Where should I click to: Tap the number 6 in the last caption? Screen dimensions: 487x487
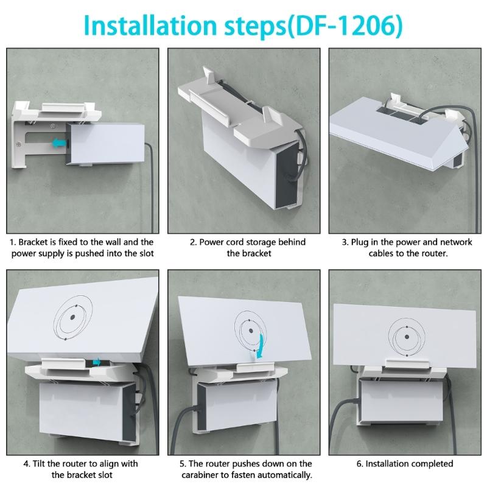pos(360,464)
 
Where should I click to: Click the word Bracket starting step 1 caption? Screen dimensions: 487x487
pos(37,242)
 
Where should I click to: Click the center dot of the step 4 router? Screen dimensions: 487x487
pos(72,317)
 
